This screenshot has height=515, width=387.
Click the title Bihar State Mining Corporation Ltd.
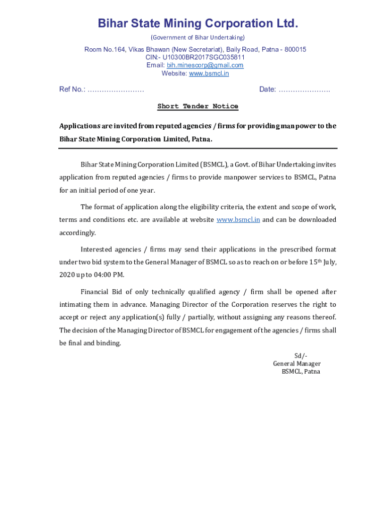click(x=198, y=24)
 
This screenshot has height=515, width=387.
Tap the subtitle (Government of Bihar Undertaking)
click(x=198, y=38)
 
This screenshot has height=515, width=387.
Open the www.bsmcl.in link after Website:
click(x=209, y=73)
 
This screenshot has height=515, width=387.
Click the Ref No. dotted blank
click(x=116, y=90)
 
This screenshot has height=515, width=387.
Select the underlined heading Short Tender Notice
click(x=198, y=106)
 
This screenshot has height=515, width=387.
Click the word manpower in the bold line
click(x=297, y=126)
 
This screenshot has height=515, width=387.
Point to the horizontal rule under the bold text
click(x=198, y=148)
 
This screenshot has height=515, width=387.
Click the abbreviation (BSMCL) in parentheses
click(x=215, y=164)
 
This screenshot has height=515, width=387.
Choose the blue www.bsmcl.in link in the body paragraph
click(x=238, y=220)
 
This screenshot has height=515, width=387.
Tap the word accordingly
click(x=77, y=233)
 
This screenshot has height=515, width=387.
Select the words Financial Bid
click(x=100, y=292)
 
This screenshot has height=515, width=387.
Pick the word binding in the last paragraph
click(x=110, y=343)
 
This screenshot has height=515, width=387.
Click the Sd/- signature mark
click(x=301, y=356)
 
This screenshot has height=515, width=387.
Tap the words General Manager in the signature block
click(x=297, y=364)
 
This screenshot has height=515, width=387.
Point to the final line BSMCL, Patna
click(x=301, y=372)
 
